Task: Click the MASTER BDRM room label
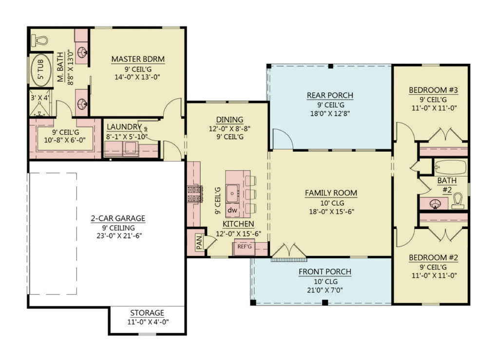click(x=138, y=59)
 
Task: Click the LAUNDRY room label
click(x=124, y=127)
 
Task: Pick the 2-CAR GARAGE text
click(x=118, y=219)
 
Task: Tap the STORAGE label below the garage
click(x=147, y=313)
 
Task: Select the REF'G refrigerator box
click(x=245, y=246)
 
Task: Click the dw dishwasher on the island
click(x=233, y=210)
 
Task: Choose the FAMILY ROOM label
click(x=331, y=193)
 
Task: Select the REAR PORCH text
click(x=330, y=95)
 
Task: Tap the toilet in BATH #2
click(x=457, y=201)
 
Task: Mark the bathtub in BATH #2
click(x=450, y=167)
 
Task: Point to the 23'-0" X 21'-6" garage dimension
click(x=118, y=236)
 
